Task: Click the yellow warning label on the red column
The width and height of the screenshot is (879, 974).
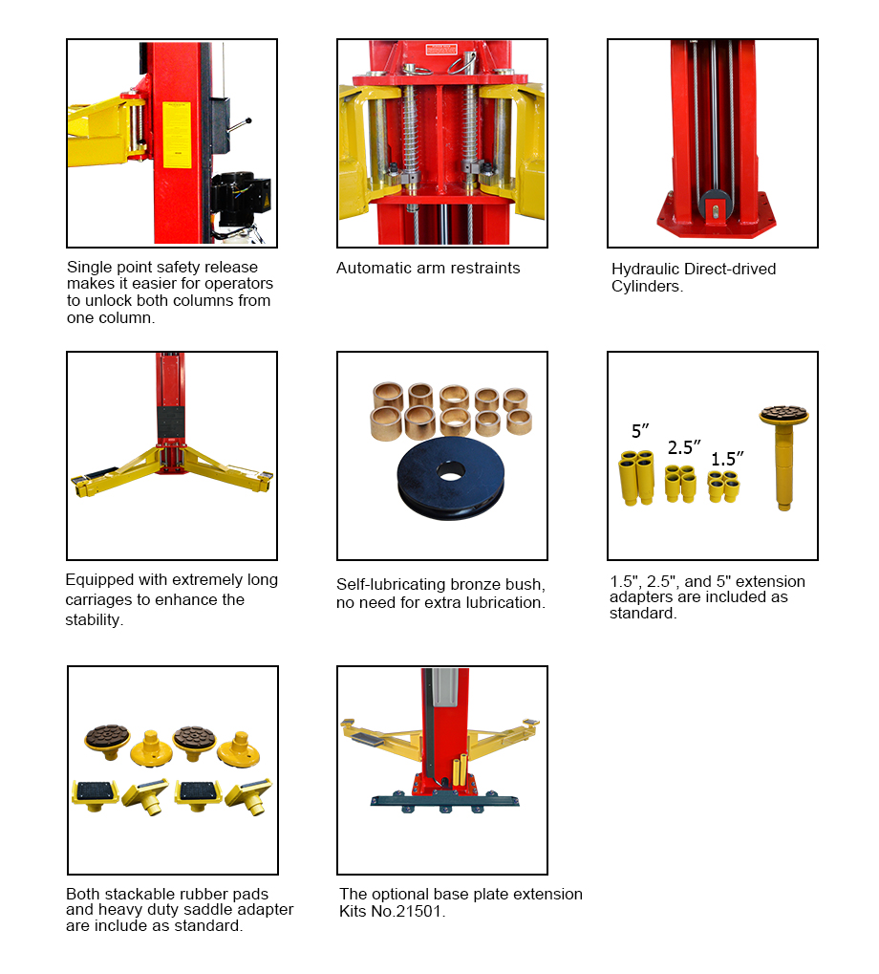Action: point(177,135)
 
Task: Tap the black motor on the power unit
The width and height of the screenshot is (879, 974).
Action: point(240,198)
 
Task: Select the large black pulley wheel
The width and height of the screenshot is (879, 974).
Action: point(451,477)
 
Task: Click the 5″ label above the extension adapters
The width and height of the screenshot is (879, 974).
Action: point(640,431)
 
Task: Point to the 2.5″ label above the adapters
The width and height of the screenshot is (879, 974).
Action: point(683,447)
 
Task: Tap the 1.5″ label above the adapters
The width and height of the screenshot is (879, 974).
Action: point(727,459)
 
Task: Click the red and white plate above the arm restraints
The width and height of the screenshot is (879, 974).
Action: point(440,49)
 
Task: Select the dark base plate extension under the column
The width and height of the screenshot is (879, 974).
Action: point(444,800)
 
